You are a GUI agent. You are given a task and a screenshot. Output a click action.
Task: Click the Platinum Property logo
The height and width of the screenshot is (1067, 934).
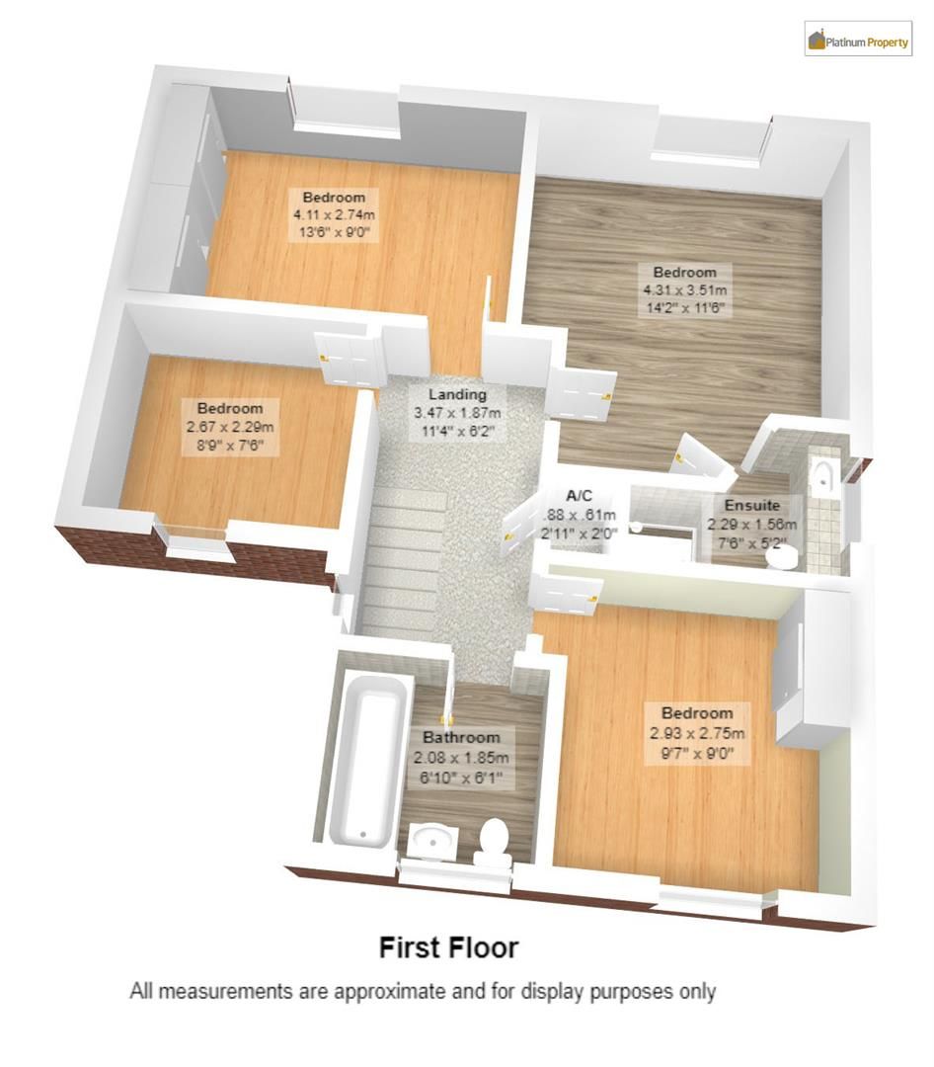(858, 41)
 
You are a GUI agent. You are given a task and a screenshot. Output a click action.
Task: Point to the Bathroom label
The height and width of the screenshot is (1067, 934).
(462, 737)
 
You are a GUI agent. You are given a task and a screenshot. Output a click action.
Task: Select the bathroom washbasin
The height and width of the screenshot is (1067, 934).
(431, 842)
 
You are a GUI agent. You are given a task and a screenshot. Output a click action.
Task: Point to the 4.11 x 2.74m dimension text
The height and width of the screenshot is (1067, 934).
(334, 214)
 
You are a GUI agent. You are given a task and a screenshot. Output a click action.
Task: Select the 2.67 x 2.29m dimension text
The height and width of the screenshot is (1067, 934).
(229, 427)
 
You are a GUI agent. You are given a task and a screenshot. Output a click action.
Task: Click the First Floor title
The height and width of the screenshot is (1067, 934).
(448, 948)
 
